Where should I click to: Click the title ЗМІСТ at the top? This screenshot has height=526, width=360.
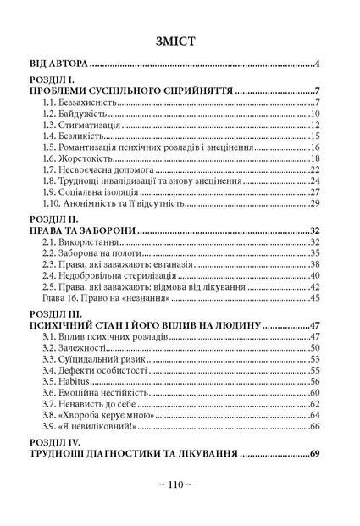point(180,40)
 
